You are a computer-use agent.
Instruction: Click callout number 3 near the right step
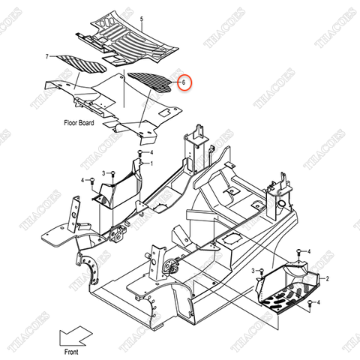(253, 270)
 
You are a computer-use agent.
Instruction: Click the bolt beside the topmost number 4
(140, 154)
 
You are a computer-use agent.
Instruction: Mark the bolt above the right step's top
(298, 252)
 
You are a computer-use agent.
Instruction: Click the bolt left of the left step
(91, 181)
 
